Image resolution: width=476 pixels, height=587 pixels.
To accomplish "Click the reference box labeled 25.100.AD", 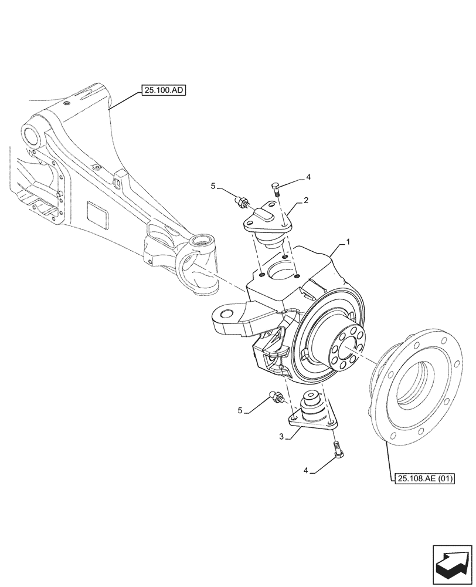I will point(162,90).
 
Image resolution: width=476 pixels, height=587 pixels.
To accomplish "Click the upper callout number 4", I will point(308,176).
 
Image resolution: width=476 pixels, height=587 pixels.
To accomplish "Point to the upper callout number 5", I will point(214,186).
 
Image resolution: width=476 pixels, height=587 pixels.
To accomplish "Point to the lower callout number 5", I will point(240,410).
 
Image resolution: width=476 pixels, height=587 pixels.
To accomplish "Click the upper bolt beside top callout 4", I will point(275,188).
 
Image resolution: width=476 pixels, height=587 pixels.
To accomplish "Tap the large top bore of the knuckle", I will point(280,271).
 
